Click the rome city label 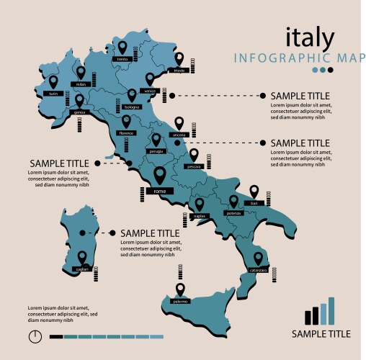160,191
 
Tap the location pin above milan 81,72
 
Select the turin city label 53,94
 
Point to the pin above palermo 180,290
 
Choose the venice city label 149,91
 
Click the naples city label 200,216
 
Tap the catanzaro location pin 258,258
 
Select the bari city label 253,204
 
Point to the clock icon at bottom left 33,336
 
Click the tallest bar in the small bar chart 331,310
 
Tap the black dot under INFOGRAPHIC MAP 331,70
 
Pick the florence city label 127,134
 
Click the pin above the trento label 122,46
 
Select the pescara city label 193,166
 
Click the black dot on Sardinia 83,233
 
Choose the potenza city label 233,214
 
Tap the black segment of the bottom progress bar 55,336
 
